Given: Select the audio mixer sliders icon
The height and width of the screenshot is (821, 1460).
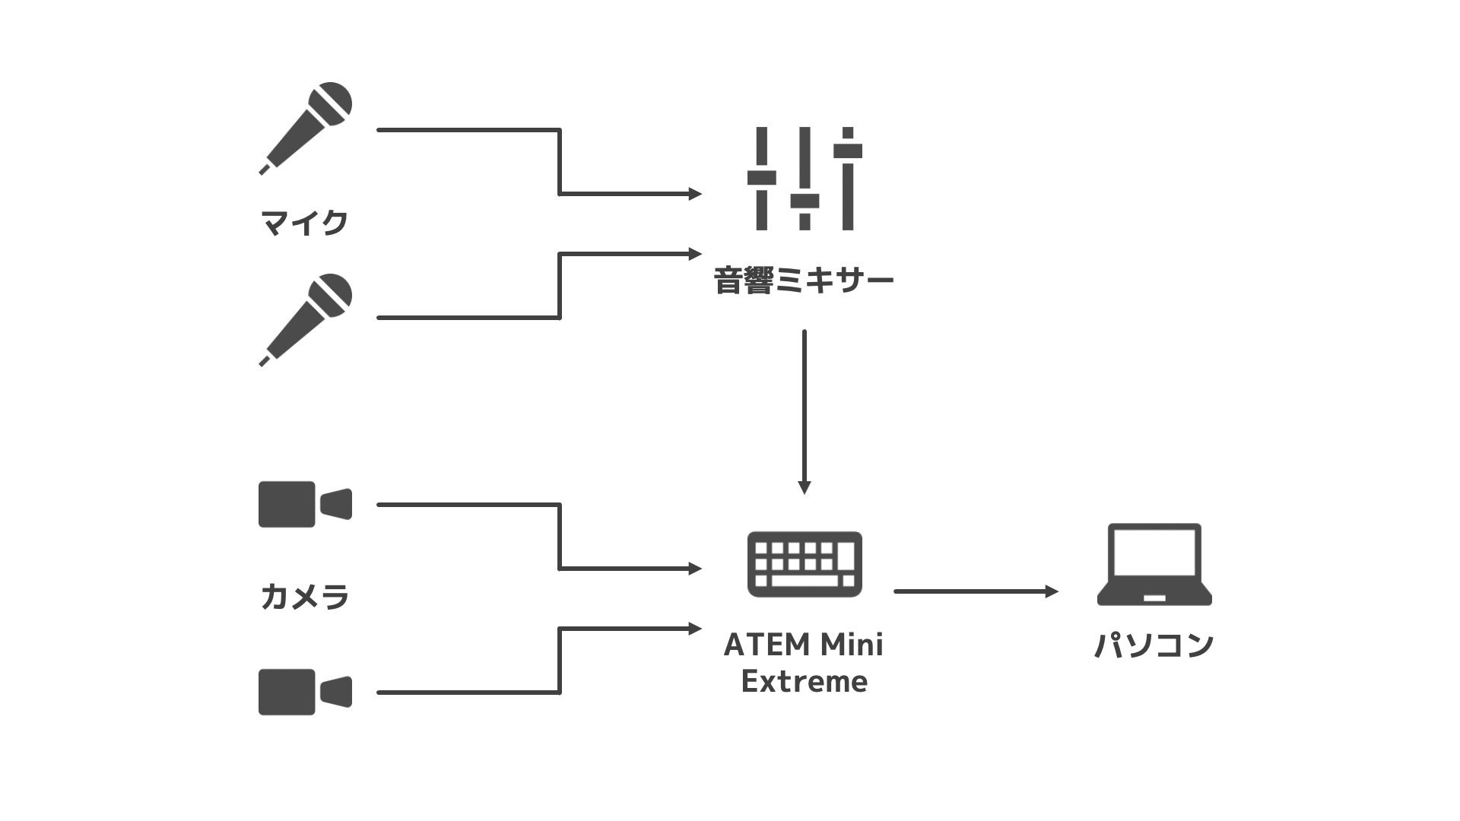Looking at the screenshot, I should tap(805, 179).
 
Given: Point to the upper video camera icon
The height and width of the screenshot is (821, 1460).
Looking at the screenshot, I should tap(305, 504).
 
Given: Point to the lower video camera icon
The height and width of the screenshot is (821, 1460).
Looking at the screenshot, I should tap(305, 692).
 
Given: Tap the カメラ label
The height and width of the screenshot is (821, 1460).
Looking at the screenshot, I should tap(304, 597).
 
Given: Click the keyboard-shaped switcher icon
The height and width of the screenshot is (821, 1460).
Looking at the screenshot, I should tap(805, 564).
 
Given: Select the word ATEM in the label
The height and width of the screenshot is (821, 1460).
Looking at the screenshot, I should tap(765, 645).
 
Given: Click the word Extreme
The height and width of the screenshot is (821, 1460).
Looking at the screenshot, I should tap(804, 682).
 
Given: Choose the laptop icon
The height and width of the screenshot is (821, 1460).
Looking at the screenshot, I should tap(1154, 564).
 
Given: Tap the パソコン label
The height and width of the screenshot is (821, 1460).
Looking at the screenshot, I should tap(1154, 645).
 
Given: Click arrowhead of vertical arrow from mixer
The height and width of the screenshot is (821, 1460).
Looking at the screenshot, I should tap(805, 487).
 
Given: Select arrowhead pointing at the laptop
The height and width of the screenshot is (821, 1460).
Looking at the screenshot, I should tap(1052, 591).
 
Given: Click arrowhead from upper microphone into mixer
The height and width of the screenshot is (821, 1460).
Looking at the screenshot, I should tap(695, 194).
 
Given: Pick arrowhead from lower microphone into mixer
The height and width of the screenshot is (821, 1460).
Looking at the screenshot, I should tap(695, 253).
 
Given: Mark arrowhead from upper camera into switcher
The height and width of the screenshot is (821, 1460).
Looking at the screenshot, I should tap(695, 568).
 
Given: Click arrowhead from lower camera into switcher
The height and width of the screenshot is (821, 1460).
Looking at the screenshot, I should tap(695, 629).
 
